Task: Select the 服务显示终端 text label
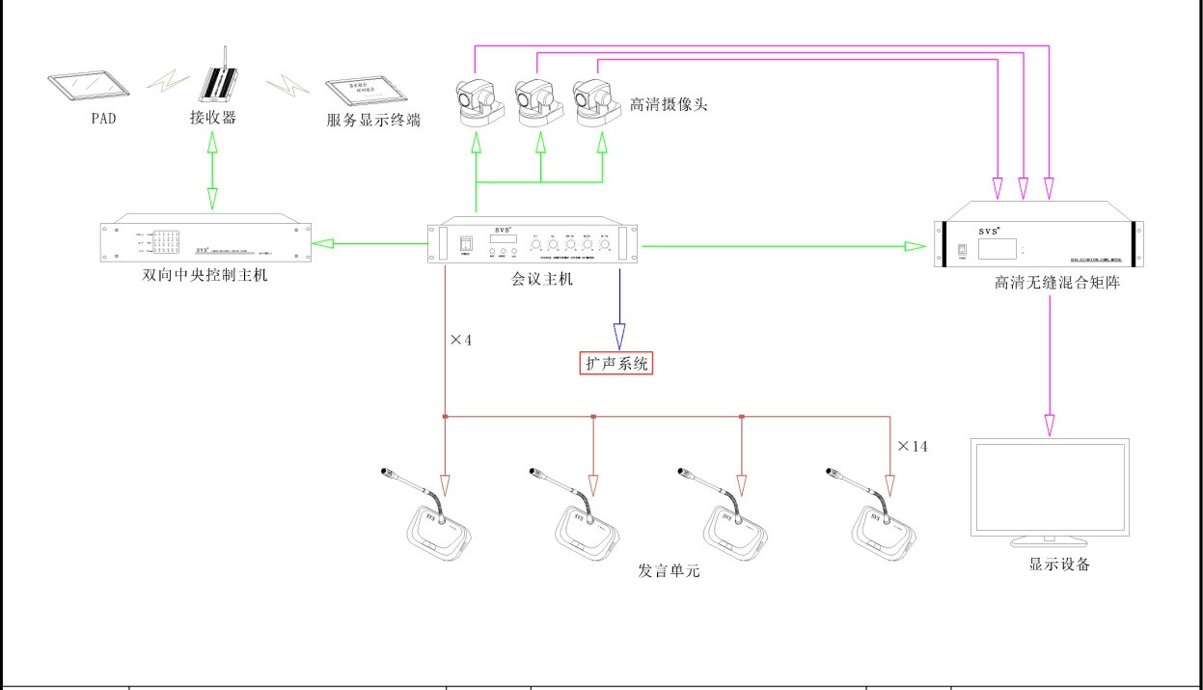373,121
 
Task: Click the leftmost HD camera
478,102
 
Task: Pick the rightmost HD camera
596,102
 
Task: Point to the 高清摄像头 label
669,104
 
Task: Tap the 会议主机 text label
542,279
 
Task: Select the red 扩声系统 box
616,363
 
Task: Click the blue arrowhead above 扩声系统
618,338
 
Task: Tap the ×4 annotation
461,340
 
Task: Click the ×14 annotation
913,447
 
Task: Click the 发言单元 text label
669,570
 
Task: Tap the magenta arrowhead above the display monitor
1050,425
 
